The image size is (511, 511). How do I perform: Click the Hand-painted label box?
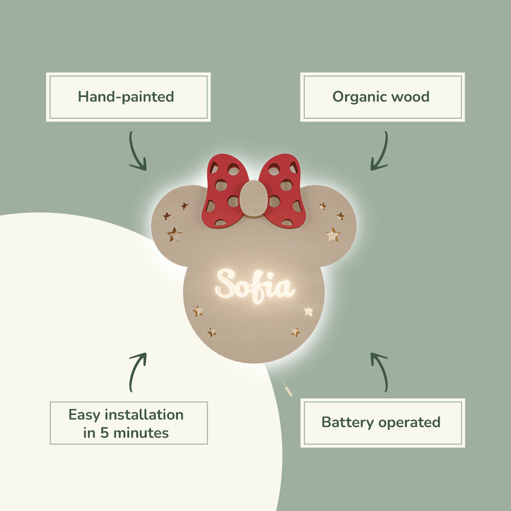[128, 97]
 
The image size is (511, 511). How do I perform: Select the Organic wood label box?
[382, 97]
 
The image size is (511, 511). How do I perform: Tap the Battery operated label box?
[382, 422]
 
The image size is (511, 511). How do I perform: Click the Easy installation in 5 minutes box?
[128, 423]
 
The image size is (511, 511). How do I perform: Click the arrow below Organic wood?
[380, 151]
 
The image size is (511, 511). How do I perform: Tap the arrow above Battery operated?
[380, 372]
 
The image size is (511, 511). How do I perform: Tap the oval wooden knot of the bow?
[254, 198]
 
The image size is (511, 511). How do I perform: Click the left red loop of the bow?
[225, 191]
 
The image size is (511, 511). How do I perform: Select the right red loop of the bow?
[283, 191]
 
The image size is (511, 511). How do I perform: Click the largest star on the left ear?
[174, 234]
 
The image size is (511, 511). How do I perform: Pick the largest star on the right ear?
[333, 234]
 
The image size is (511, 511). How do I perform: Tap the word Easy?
[83, 415]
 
